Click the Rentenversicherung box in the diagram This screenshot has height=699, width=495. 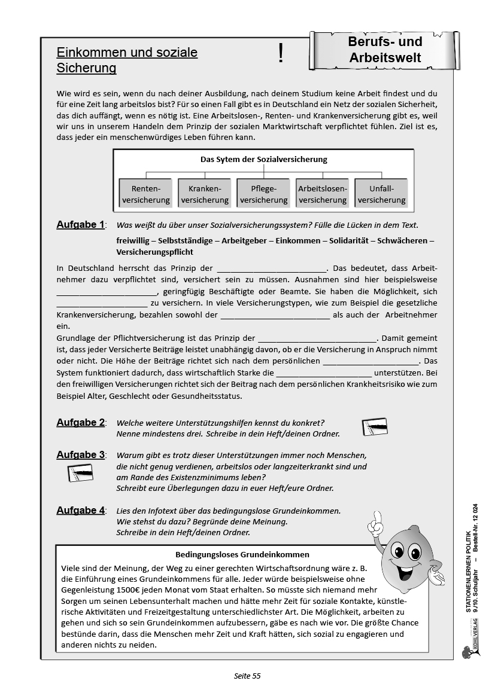click(x=146, y=194)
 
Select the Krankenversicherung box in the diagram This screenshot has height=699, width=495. click(x=205, y=194)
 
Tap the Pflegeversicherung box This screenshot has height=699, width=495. click(x=263, y=194)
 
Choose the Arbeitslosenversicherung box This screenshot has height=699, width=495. click(x=323, y=194)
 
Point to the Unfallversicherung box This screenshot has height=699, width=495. click(x=381, y=194)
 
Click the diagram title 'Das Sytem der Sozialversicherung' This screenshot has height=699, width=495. click(x=263, y=160)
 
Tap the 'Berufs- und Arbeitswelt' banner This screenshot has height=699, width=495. click(x=385, y=50)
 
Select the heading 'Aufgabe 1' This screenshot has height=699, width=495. click(x=80, y=225)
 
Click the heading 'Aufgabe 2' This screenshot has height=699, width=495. click(x=80, y=423)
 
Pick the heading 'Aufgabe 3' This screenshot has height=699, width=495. click(x=80, y=455)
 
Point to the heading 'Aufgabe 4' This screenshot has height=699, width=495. click(x=80, y=511)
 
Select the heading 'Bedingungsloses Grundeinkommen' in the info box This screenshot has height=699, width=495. click(x=242, y=554)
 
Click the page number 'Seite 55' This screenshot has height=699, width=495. click(x=247, y=676)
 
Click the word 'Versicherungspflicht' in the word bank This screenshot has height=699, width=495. click(x=156, y=252)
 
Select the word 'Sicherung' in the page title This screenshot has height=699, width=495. click(x=86, y=68)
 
